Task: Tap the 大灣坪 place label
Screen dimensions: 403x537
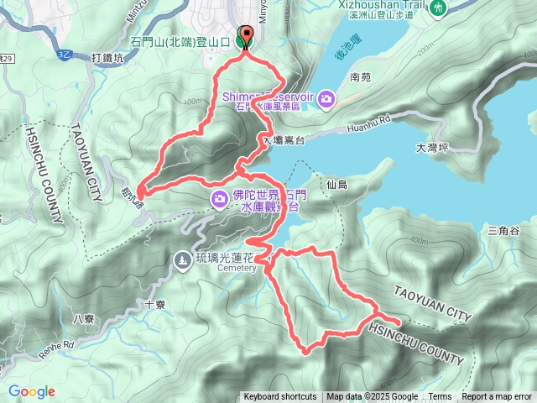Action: click(x=433, y=149)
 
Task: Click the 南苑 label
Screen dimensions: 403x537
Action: click(x=361, y=77)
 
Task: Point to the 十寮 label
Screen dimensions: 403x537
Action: click(x=154, y=306)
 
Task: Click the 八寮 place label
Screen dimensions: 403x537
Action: click(x=84, y=318)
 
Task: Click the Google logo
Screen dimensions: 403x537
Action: click(x=32, y=391)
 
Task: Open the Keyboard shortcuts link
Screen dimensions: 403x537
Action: click(x=280, y=397)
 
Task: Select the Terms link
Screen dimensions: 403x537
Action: click(x=440, y=397)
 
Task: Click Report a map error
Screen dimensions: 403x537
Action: click(x=497, y=397)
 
